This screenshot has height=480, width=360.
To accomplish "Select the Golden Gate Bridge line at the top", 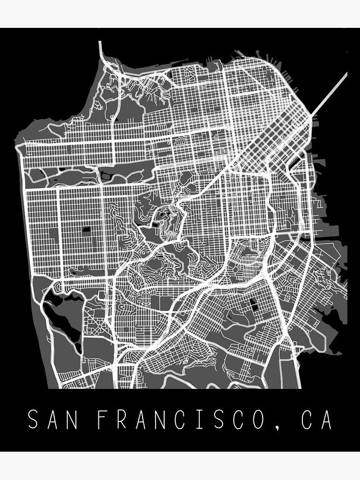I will [100, 48].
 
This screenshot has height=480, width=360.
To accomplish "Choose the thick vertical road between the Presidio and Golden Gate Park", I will [113, 144].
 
